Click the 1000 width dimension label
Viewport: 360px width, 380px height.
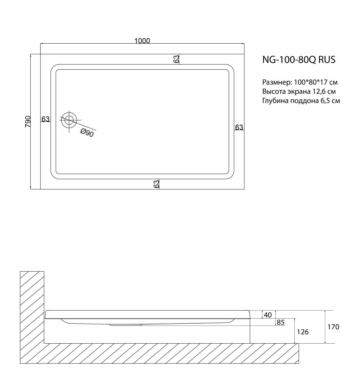click(x=142, y=41)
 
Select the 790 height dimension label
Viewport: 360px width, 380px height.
click(x=28, y=122)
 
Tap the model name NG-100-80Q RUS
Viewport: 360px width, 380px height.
click(x=299, y=60)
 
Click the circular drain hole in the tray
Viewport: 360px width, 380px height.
click(x=69, y=120)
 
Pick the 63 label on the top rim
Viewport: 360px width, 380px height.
click(x=176, y=59)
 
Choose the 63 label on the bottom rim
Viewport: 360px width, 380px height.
click(x=156, y=184)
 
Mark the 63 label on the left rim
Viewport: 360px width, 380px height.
click(x=46, y=119)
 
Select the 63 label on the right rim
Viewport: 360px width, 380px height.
click(x=239, y=127)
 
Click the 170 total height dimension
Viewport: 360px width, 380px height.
click(x=333, y=327)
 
